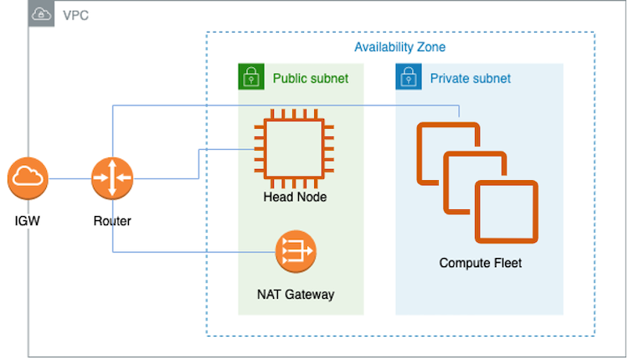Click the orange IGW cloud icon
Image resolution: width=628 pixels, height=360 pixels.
(x=28, y=178)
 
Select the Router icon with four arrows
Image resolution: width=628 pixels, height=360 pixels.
(x=111, y=178)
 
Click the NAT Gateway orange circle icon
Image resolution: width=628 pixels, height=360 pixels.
(x=296, y=249)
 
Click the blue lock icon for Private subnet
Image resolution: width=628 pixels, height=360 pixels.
(x=408, y=78)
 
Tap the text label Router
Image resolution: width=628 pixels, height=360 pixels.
(x=111, y=221)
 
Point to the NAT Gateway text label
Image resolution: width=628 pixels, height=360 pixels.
(x=296, y=294)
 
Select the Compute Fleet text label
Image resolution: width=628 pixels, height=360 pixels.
(x=480, y=263)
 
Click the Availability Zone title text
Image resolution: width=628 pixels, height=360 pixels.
(x=399, y=47)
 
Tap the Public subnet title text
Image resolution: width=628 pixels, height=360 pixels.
(x=311, y=79)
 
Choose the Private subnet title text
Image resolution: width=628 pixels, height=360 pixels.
(x=470, y=79)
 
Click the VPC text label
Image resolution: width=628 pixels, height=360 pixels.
(x=75, y=15)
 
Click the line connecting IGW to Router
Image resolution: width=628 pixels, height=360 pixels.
(x=69, y=178)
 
